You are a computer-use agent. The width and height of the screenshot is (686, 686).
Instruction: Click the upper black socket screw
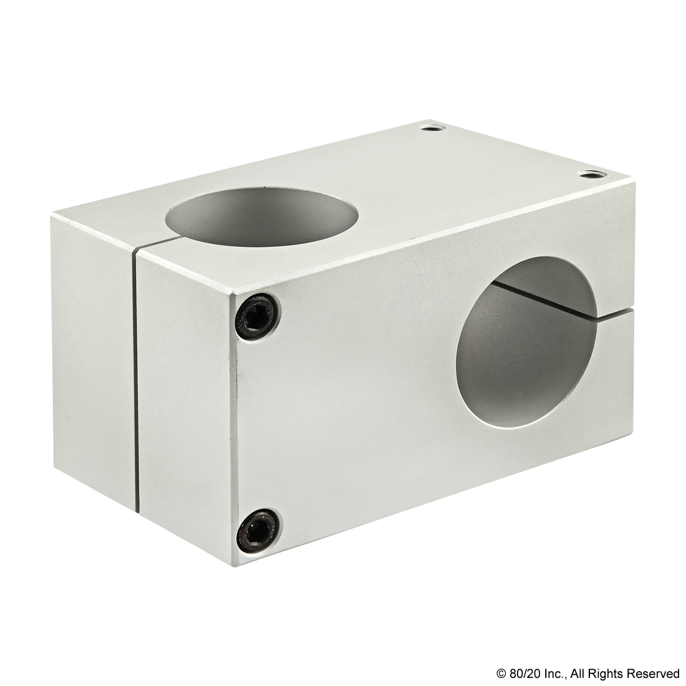coord(257,316)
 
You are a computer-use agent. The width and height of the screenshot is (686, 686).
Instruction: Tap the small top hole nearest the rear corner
coord(429,128)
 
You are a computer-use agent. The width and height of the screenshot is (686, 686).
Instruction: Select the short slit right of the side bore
coord(617,316)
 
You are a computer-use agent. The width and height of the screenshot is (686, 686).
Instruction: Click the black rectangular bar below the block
coord(587,674)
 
